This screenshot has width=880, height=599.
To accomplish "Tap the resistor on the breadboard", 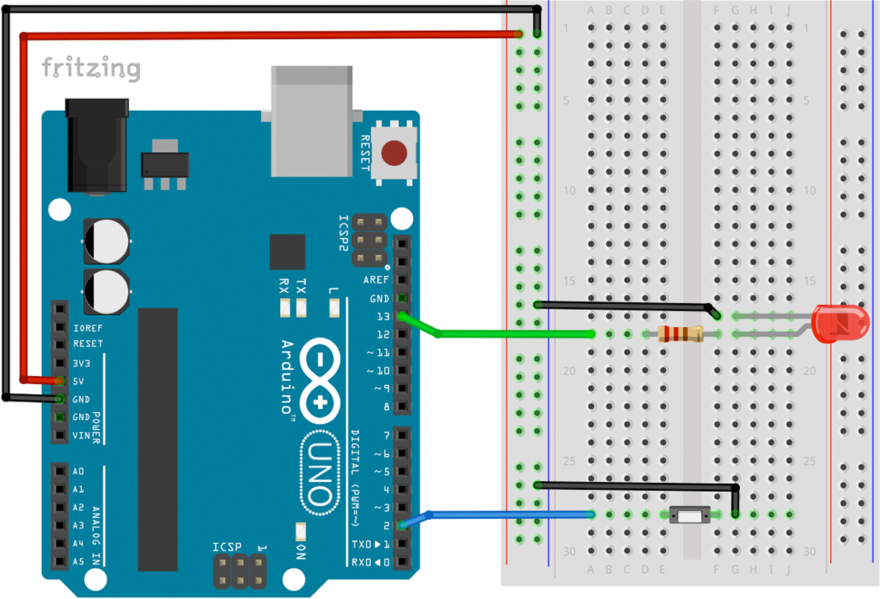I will coord(681,334).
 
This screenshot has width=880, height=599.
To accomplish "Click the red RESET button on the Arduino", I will coord(395,153).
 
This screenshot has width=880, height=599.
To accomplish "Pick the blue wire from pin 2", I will coord(506,515).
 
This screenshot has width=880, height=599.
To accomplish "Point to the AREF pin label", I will coord(375,280).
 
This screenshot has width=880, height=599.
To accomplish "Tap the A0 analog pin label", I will coord(79,471).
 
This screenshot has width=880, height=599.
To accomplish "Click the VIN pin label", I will coord(81,435).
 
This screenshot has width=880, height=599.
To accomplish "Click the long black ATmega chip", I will coord(158,439).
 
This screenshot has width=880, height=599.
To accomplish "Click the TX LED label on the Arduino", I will coord(301,285).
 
